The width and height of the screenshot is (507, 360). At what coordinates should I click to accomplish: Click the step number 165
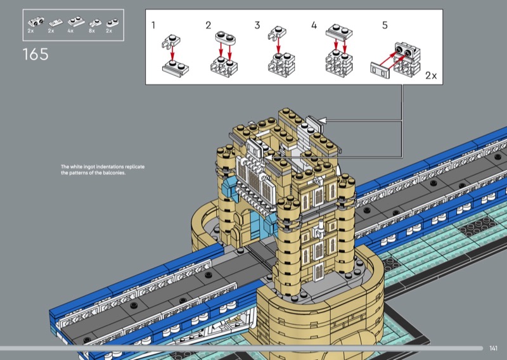point(35,54)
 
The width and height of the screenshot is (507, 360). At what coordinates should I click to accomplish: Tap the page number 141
point(493,348)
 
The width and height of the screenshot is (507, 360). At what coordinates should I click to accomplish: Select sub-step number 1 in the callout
point(153,25)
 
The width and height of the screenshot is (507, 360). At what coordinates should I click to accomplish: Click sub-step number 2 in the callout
point(209,25)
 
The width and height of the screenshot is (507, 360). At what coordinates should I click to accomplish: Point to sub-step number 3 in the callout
point(257,25)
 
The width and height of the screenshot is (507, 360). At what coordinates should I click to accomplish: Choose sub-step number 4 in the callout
point(314,25)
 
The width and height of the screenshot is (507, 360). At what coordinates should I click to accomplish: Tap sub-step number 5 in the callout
point(385,25)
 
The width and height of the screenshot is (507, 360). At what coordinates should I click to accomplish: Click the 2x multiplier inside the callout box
point(431,75)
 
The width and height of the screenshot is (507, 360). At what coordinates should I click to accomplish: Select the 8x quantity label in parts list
point(92,30)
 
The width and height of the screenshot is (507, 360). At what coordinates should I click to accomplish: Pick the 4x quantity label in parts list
point(70,30)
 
